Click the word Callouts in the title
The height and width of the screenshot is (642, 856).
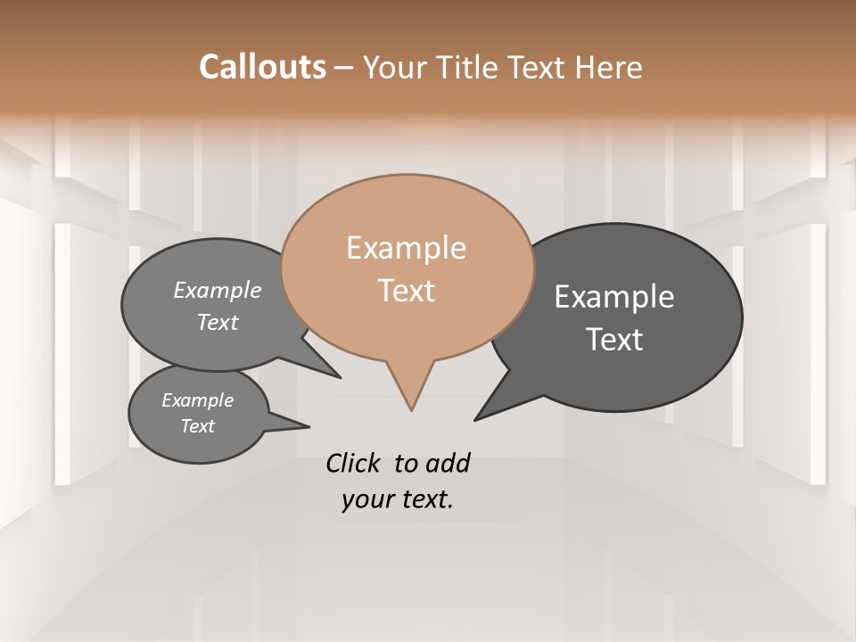click(262, 67)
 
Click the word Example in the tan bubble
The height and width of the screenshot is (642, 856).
click(406, 248)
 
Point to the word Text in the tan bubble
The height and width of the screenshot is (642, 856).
click(406, 291)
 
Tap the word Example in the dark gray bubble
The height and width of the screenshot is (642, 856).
click(614, 297)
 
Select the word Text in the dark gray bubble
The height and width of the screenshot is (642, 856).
click(614, 340)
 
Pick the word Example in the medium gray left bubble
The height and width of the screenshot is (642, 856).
click(218, 291)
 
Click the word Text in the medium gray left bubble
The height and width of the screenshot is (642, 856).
click(218, 322)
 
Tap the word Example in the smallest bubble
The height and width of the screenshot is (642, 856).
click(198, 400)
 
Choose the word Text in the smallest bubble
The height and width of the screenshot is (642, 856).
click(198, 426)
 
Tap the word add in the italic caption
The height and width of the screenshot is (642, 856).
click(448, 464)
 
